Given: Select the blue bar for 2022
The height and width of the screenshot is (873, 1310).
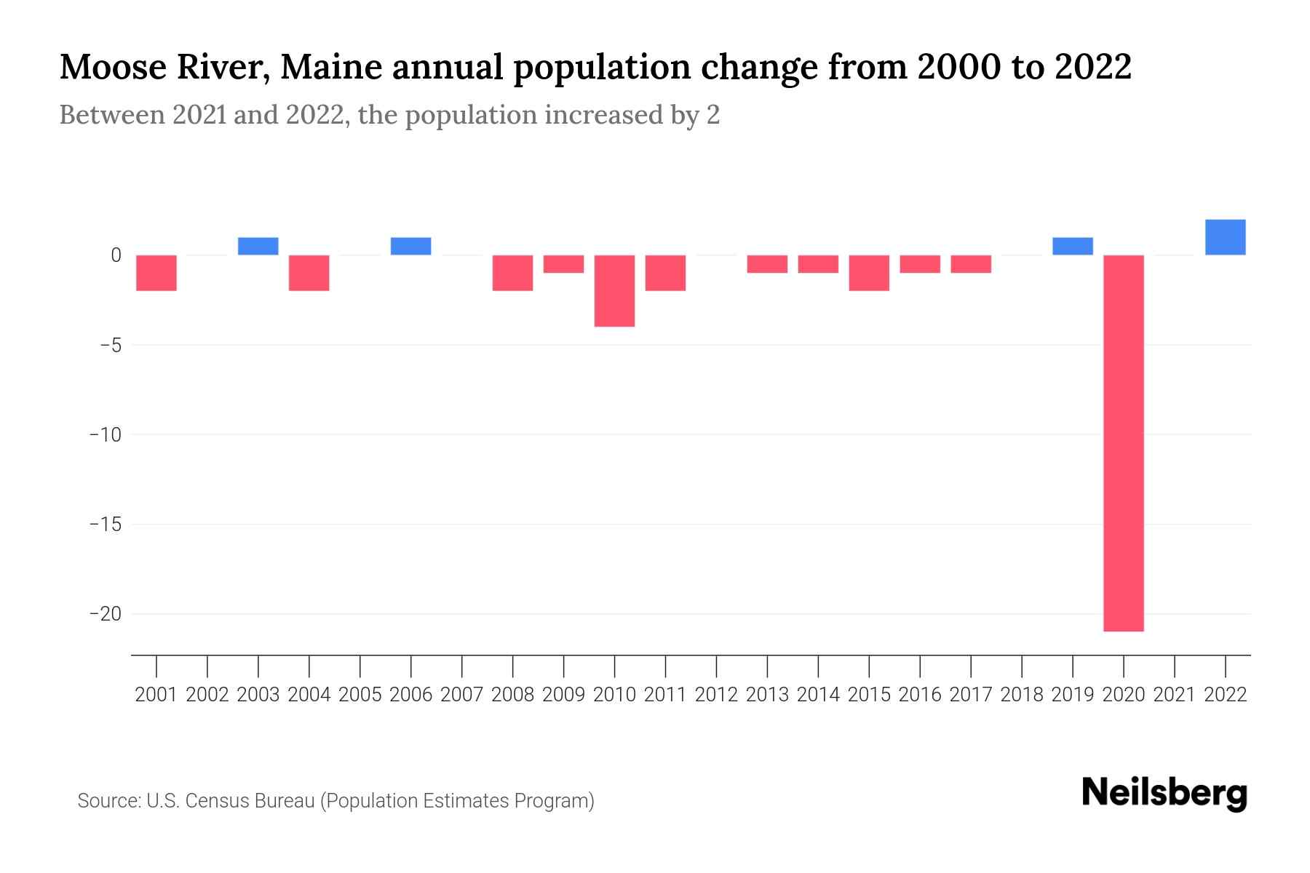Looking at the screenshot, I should point(1226,237).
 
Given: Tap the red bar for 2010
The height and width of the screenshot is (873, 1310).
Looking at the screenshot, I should point(614,290).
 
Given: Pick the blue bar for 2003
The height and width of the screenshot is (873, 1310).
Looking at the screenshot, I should point(258,246).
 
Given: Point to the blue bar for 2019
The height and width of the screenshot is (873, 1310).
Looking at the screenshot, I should point(1073,246).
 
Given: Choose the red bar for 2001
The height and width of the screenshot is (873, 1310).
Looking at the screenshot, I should point(156,273).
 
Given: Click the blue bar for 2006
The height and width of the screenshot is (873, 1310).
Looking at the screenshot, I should point(411,246).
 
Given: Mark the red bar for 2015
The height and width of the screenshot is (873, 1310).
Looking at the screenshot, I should point(869,273).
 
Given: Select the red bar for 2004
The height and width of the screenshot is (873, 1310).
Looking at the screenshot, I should point(309,273).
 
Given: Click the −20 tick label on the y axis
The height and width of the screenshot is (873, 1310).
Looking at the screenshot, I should point(105,614).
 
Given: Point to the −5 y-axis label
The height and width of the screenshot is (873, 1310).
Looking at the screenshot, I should point(110,345).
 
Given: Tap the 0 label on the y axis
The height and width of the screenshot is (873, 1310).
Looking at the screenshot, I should point(116,255).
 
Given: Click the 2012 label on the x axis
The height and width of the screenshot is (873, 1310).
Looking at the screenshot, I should point(716,695).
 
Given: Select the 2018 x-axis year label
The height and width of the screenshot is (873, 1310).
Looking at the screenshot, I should point(1022,695).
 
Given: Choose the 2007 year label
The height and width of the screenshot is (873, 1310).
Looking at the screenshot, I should point(462,695).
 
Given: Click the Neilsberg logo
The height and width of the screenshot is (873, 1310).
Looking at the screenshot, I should point(1164,793).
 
